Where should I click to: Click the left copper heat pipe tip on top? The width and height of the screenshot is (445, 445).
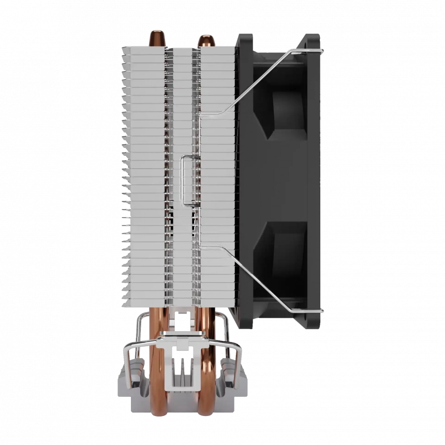(155, 38)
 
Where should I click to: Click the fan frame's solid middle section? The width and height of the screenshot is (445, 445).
(290, 181)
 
